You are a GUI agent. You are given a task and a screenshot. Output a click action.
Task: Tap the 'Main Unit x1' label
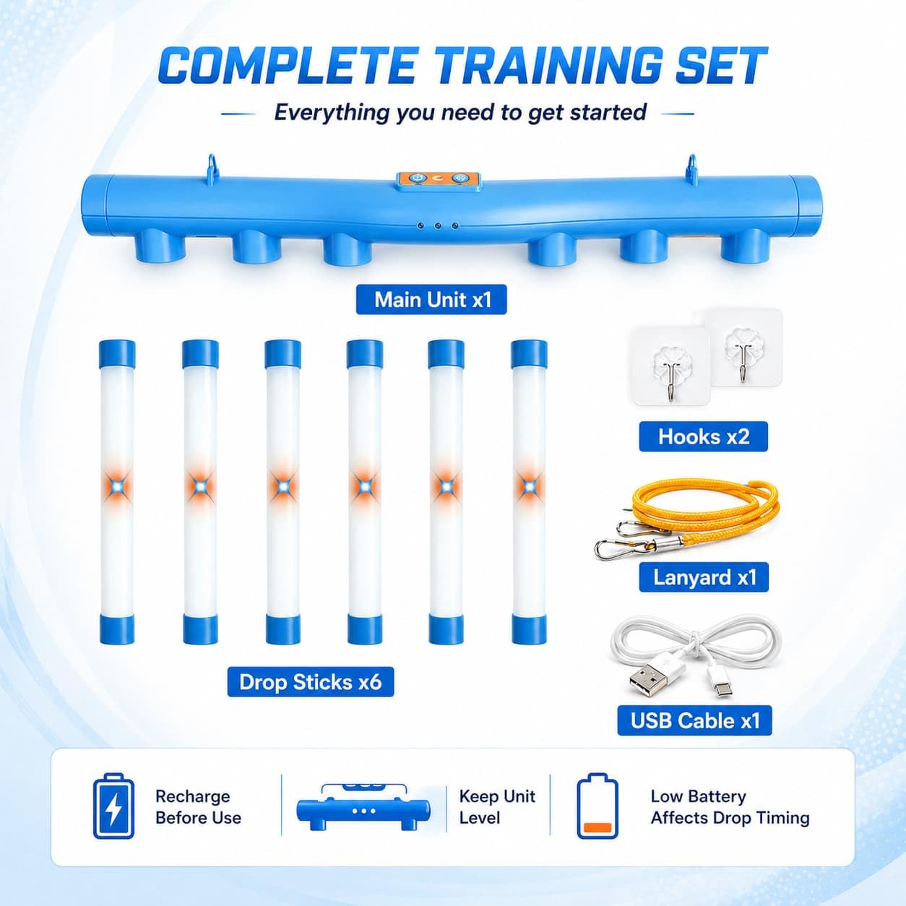pos(431,300)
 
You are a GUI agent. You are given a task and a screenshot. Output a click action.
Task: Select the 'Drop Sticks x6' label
pos(310,682)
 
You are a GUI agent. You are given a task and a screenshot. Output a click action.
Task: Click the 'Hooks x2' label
pos(704,436)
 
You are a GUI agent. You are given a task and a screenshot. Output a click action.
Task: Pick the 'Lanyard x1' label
pos(704,577)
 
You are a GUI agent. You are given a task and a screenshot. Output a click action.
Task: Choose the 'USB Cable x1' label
pos(694,720)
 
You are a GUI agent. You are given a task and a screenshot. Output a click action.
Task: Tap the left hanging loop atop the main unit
pos(212,165)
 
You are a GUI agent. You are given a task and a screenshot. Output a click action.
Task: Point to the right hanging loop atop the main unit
pos(692,165)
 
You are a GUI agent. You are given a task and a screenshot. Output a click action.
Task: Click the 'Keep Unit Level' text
pos(497,807)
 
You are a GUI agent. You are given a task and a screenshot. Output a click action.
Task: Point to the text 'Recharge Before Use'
pos(198,807)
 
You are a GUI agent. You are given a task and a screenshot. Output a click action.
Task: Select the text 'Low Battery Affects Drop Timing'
pos(730,807)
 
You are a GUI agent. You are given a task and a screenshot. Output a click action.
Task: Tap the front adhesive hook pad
pos(670,367)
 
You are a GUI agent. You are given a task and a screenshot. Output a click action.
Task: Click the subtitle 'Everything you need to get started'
pos(460,113)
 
